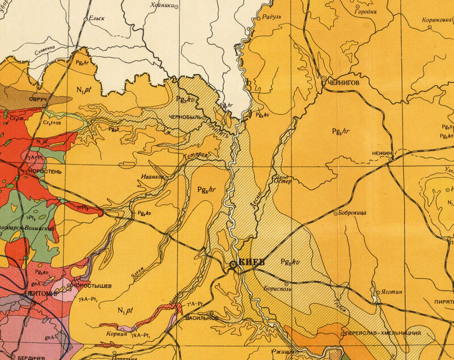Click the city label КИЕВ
point(252,262)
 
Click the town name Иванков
point(153,177)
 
